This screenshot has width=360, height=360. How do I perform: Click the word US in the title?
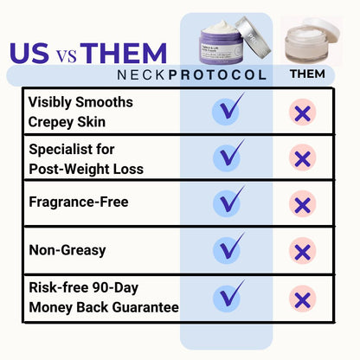pos(32,53)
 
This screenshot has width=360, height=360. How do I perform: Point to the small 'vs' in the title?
pos(68,56)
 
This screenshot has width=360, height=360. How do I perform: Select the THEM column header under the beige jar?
pos(307,74)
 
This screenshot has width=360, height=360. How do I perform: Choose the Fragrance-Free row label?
pos(79,202)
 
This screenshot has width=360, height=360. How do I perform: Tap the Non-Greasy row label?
pos(67,250)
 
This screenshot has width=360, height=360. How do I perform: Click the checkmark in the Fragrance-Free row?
pos(229,202)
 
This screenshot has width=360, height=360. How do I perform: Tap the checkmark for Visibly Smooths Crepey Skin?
pos(229,111)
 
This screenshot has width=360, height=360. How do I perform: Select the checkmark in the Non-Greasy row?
pos(229,250)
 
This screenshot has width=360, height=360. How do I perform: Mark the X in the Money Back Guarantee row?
pos(302,299)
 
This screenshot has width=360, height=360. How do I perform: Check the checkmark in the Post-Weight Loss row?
pos(229,157)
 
